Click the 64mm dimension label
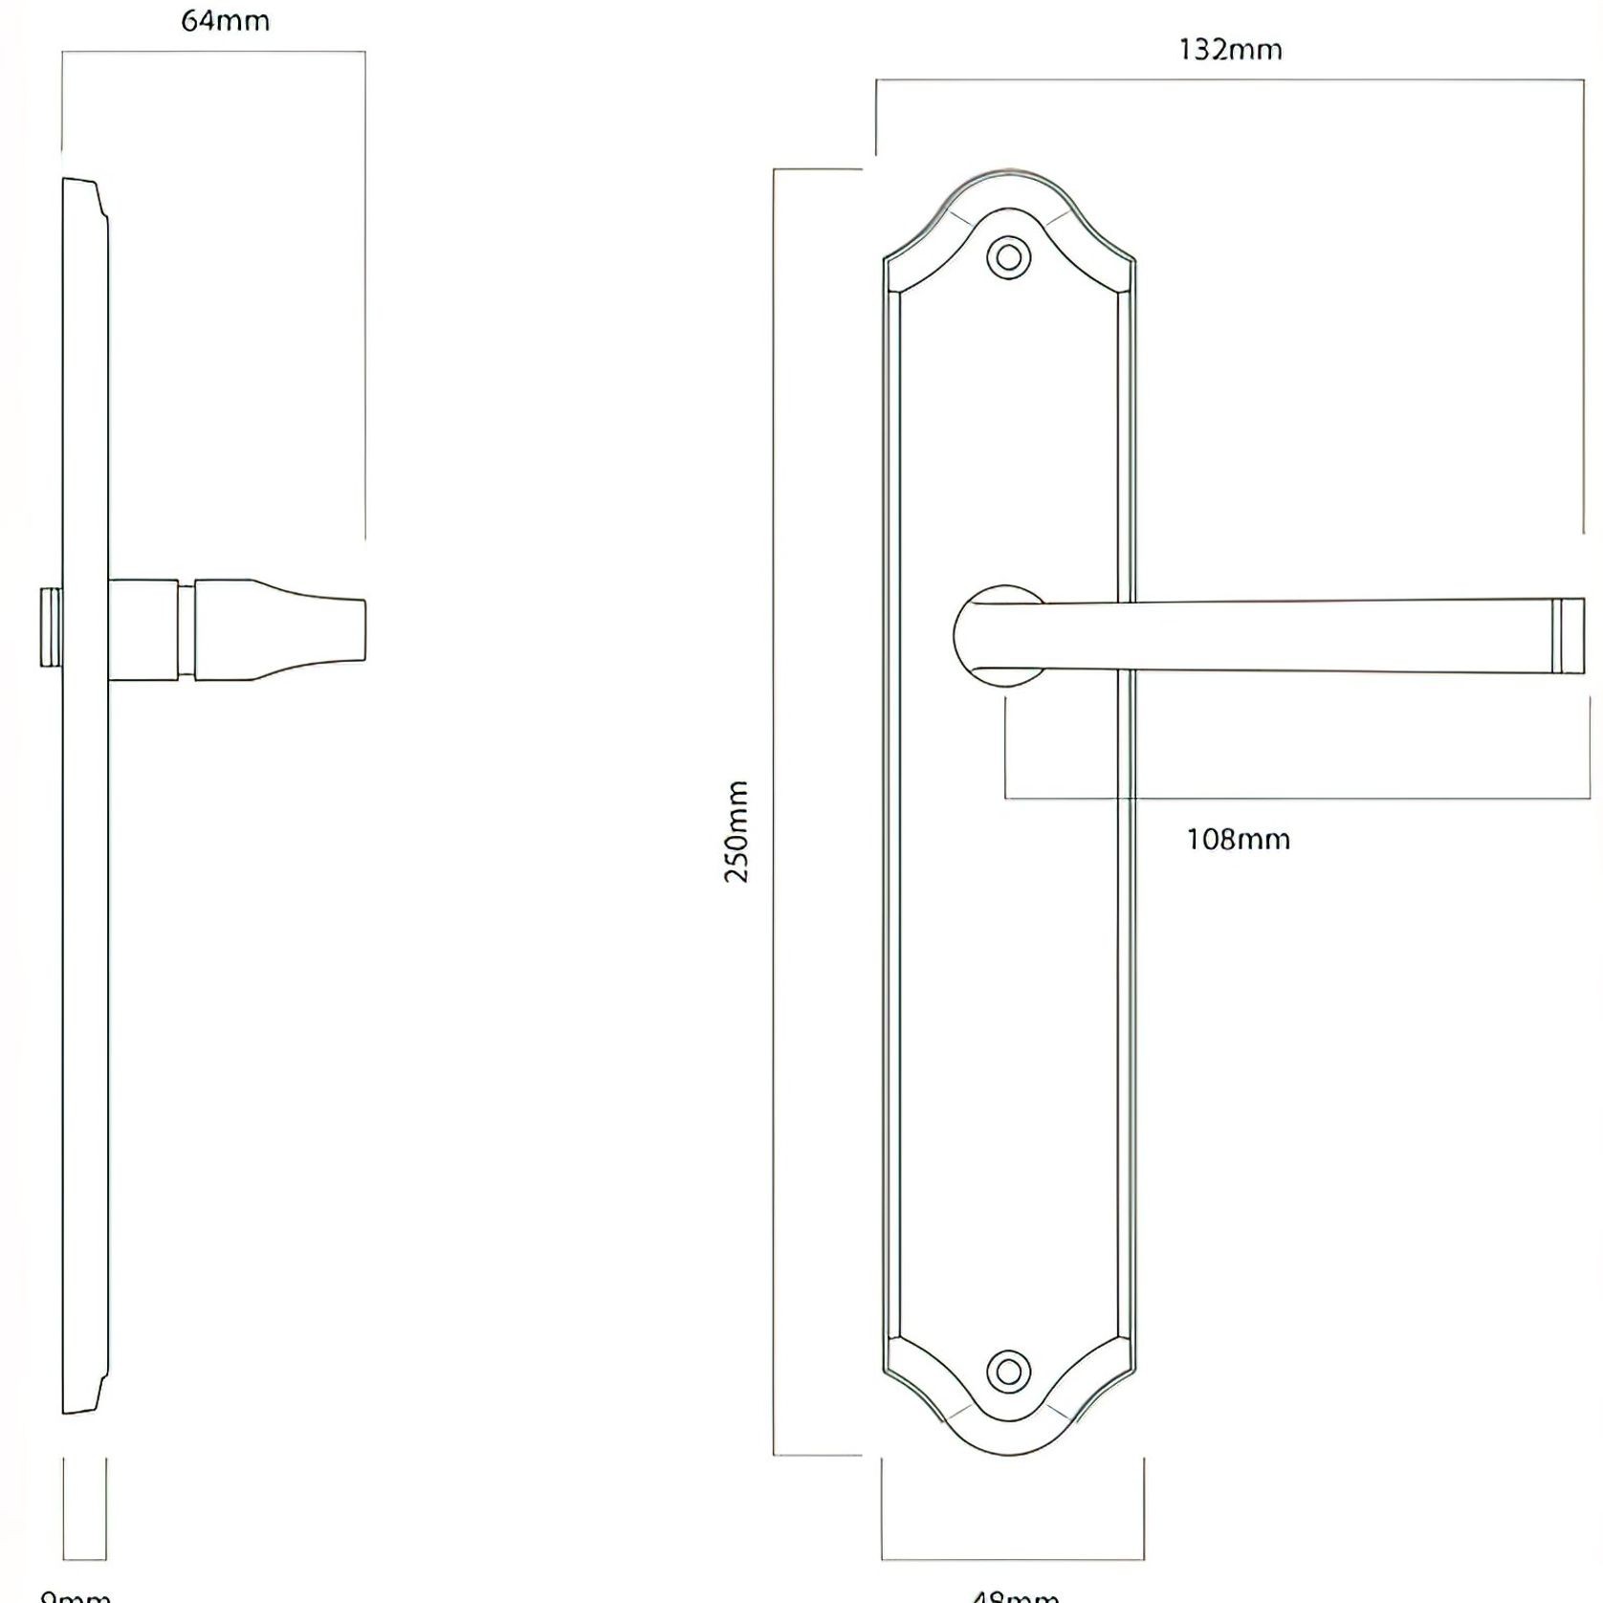(x=225, y=21)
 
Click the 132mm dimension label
(x=1230, y=50)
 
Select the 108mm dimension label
(x=1238, y=840)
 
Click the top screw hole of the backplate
(x=1008, y=257)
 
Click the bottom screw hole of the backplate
(x=1008, y=1371)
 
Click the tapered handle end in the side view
(x=282, y=628)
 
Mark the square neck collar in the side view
(x=143, y=628)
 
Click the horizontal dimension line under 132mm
(x=1230, y=80)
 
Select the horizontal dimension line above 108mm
(x=1291, y=797)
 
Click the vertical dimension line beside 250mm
(x=774, y=813)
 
